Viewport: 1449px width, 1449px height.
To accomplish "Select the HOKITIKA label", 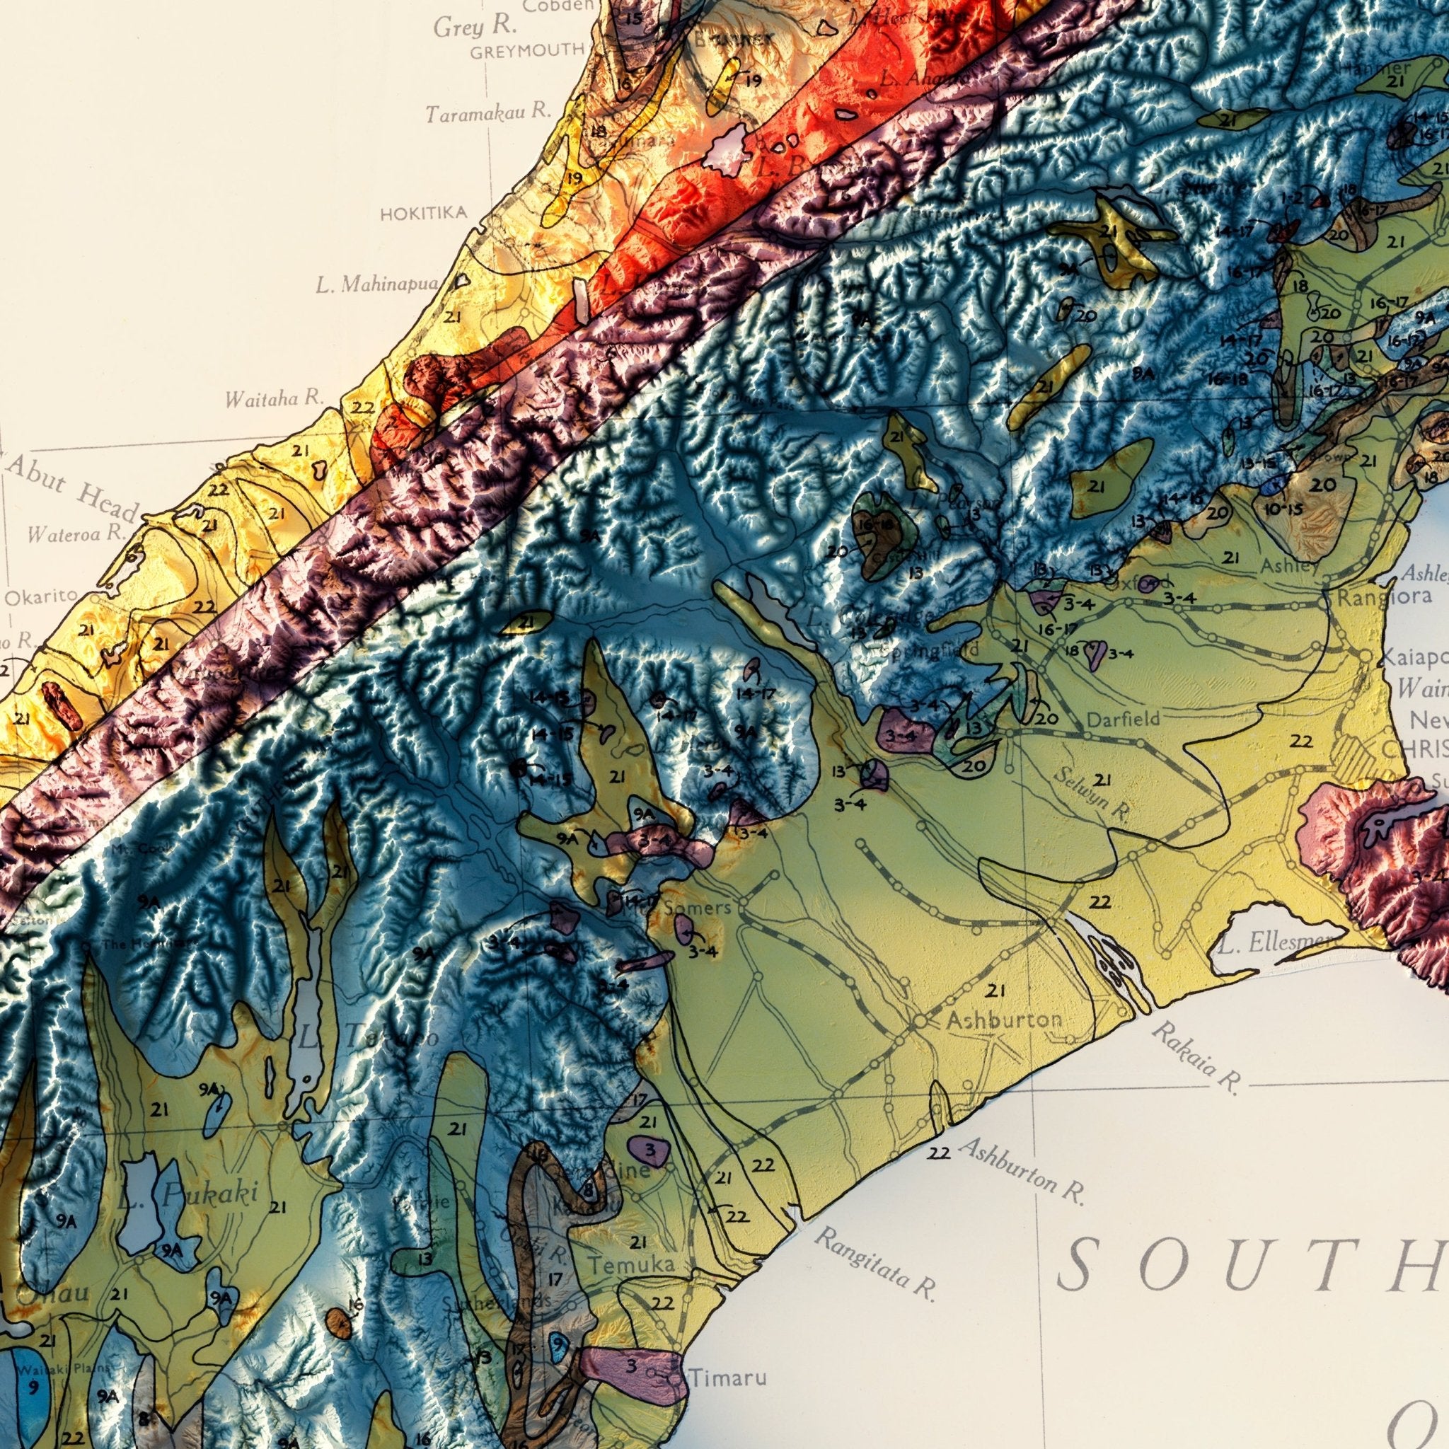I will [424, 214].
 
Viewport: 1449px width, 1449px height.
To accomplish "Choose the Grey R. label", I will [475, 26].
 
